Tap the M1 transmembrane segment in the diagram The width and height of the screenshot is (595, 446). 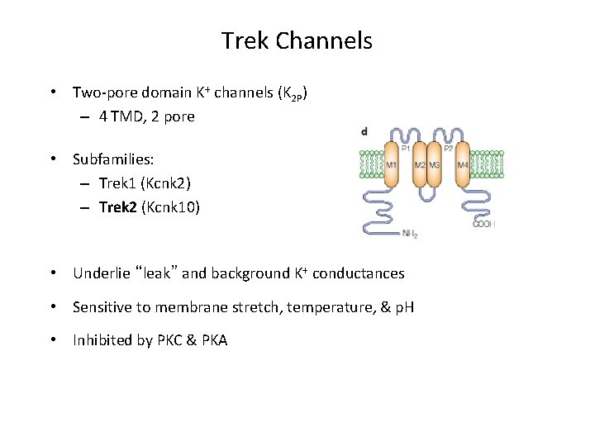pos(391,165)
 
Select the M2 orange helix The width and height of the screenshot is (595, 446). pos(420,165)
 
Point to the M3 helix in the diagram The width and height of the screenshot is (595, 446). pos(435,165)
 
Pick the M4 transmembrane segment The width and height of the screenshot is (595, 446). pos(462,165)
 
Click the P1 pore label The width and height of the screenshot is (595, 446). pos(406,149)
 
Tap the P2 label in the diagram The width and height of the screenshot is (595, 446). pos(449,149)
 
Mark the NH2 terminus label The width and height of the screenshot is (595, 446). pos(410,234)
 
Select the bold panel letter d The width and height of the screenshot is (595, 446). pos(365,132)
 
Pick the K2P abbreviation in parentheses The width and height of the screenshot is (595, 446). pos(294,94)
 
